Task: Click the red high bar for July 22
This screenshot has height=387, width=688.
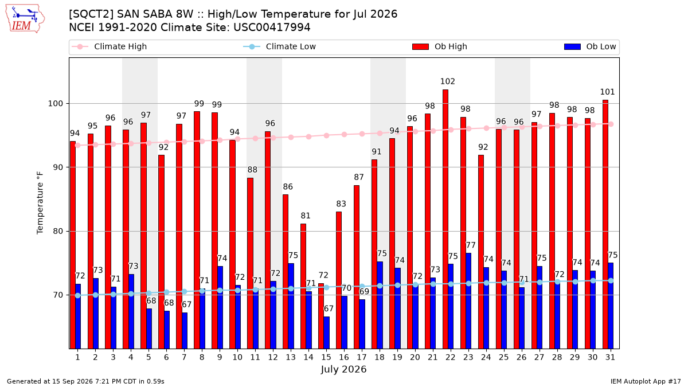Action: tap(445, 219)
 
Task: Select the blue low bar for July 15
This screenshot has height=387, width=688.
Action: tap(326, 333)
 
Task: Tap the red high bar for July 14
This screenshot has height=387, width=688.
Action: tap(303, 286)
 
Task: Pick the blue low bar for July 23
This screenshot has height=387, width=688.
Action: tap(468, 300)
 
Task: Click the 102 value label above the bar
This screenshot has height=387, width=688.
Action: tap(448, 81)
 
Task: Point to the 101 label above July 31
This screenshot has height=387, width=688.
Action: tap(607, 92)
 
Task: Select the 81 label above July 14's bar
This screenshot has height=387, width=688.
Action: tap(306, 216)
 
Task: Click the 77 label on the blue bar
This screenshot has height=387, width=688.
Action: tap(471, 245)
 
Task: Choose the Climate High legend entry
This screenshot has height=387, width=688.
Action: tap(110, 46)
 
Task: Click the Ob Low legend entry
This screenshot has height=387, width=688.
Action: tap(590, 46)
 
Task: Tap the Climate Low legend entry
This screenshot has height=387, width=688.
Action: tap(280, 46)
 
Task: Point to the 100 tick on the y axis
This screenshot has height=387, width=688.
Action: tap(55, 104)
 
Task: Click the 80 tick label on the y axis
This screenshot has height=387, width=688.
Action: tap(58, 231)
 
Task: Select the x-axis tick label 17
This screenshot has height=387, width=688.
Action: tap(362, 357)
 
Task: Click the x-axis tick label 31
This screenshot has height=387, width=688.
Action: tap(610, 357)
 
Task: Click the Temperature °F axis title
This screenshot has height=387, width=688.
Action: tap(40, 203)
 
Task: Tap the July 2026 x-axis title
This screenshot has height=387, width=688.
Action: tap(343, 369)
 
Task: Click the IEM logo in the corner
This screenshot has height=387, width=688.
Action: tap(25, 19)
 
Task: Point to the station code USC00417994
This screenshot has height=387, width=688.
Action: tap(272, 28)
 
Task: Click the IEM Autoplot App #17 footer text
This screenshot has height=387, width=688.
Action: tap(646, 381)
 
